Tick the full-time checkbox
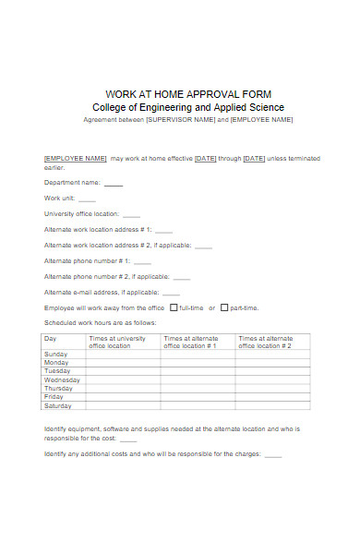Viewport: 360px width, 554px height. pos(174,307)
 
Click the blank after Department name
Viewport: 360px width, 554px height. pos(113,184)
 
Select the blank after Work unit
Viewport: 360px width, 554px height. pos(87,199)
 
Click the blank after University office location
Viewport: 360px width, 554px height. pos(132,215)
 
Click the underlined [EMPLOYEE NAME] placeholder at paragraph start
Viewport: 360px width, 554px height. pos(76,158)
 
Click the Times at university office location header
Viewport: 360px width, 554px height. pos(117,342)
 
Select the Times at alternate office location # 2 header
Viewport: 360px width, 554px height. pos(265,342)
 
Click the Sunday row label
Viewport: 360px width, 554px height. pos(55,355)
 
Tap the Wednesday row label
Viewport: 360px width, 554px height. pos(62,379)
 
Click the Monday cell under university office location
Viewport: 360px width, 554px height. pos(123,363)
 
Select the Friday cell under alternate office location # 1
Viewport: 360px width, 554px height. pos(198,397)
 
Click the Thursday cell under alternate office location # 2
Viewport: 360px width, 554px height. pos(272,388)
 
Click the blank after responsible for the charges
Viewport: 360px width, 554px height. pos(272,454)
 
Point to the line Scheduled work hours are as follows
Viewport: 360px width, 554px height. pos(101,323)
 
